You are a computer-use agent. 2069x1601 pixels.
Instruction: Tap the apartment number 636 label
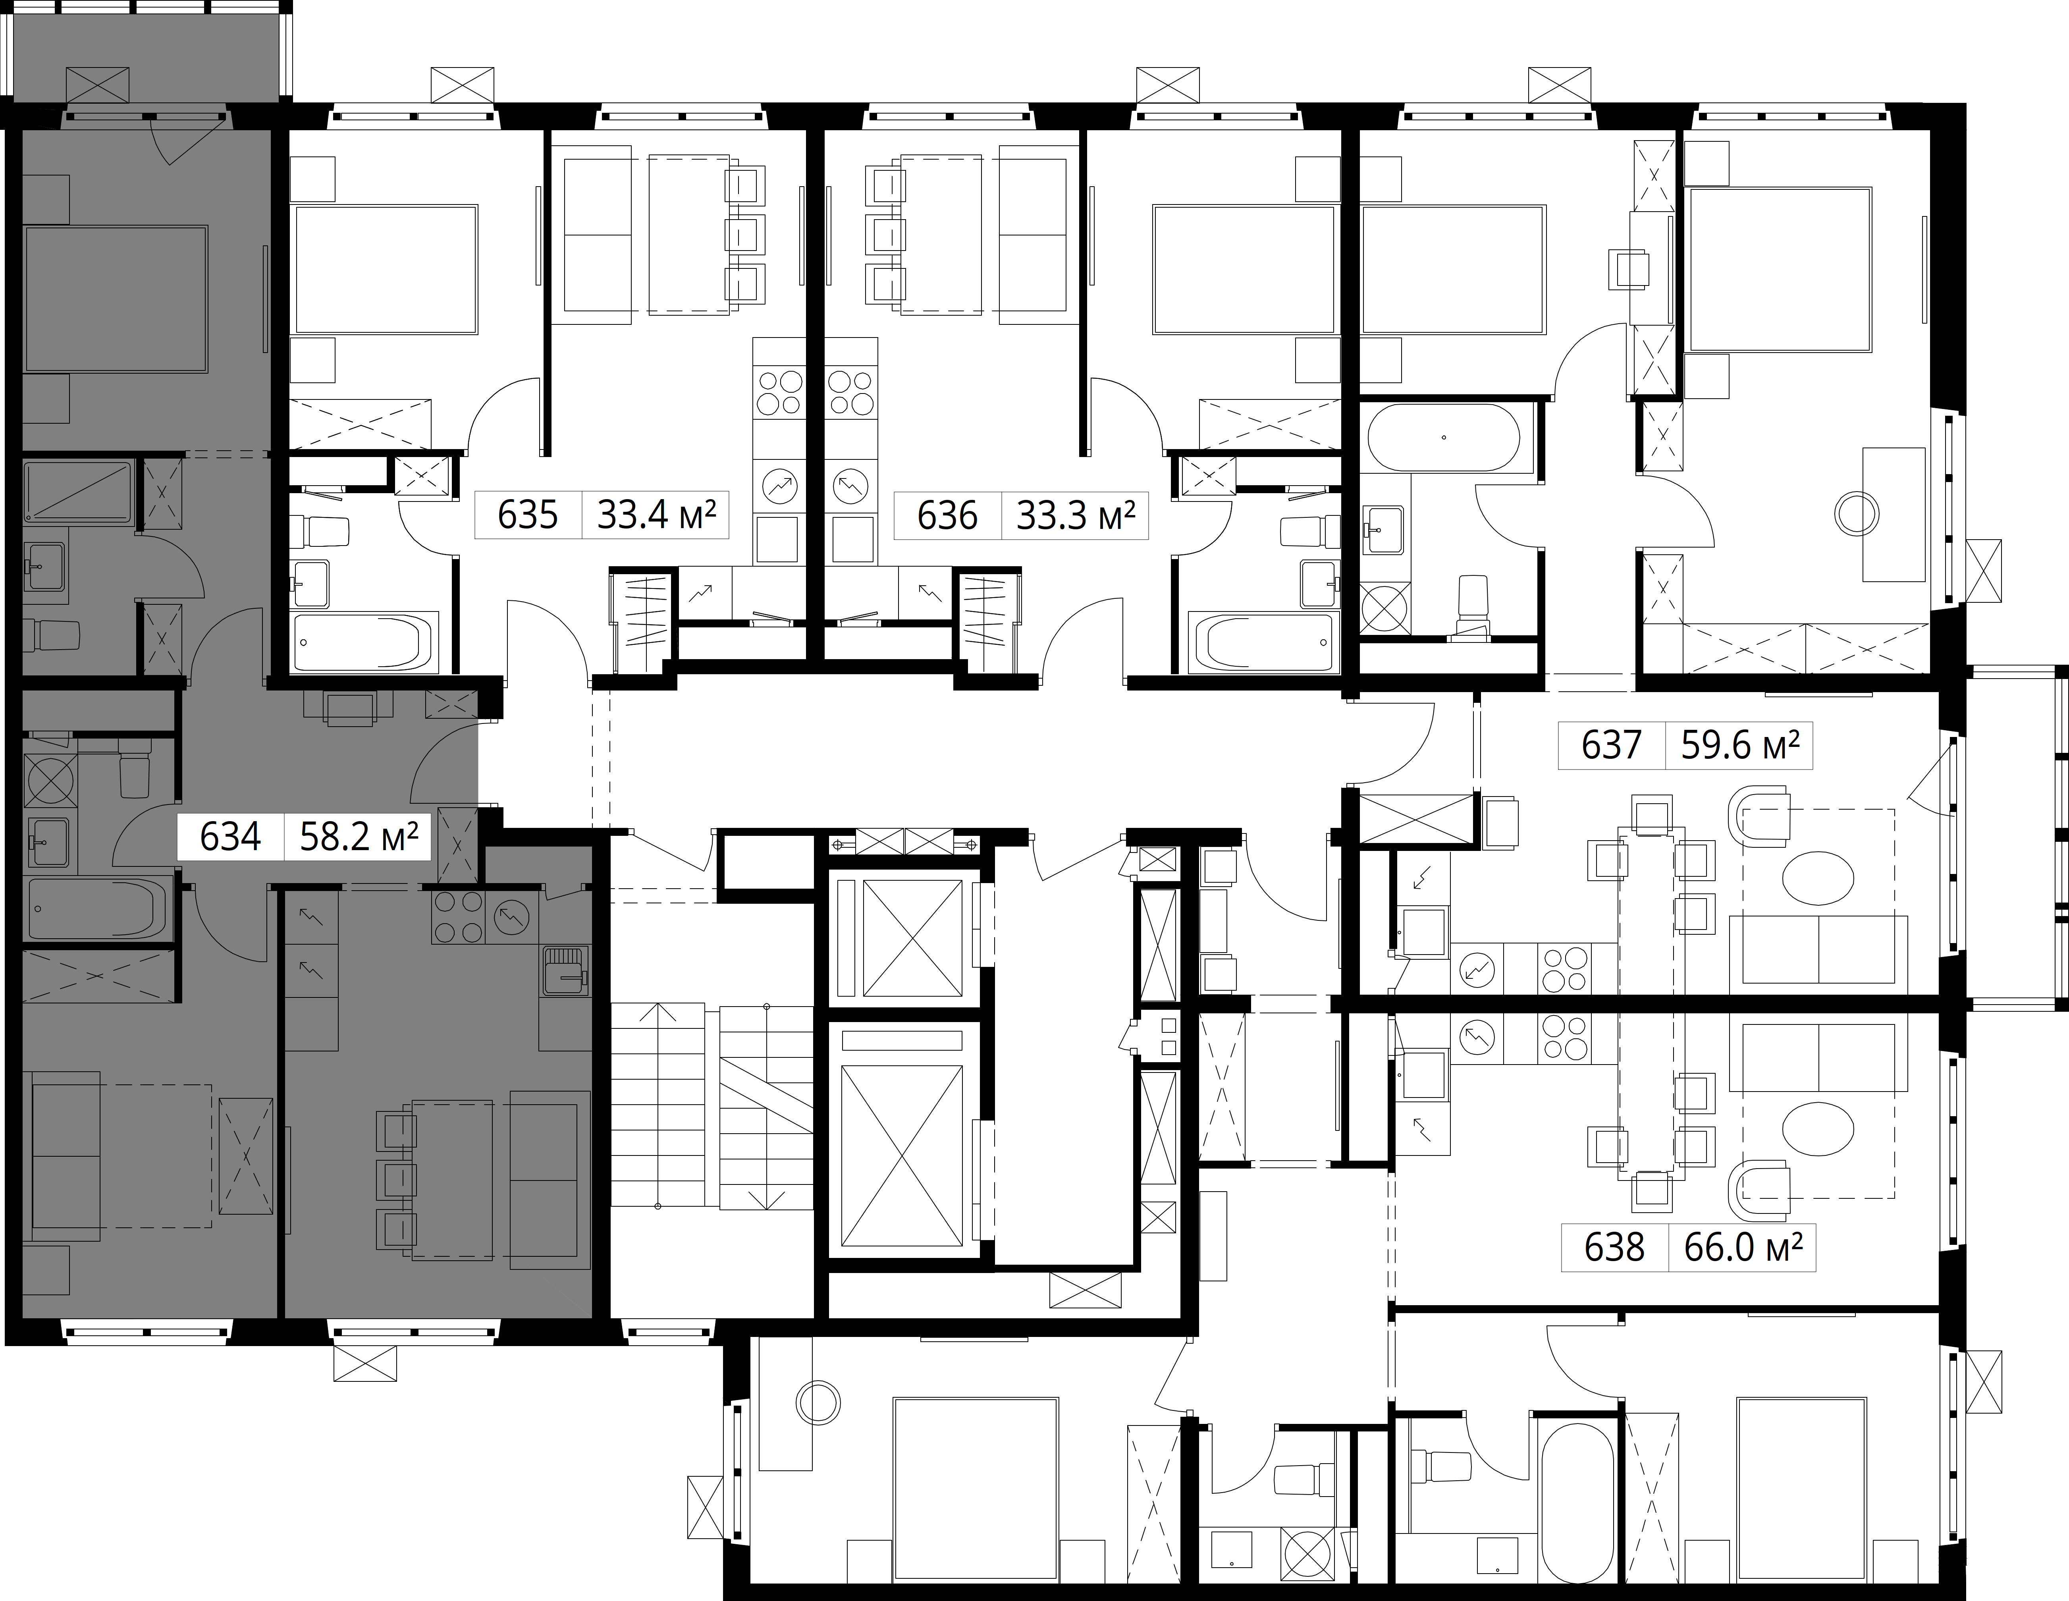coord(947,516)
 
